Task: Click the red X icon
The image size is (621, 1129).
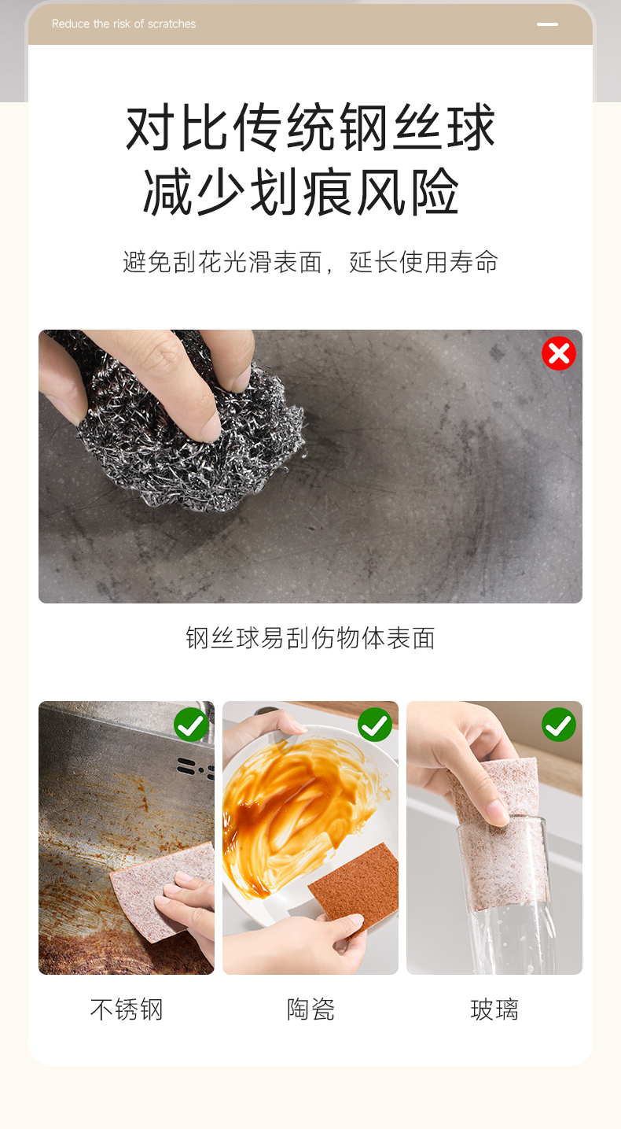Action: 559,353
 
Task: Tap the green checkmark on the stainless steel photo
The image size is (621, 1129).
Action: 191,725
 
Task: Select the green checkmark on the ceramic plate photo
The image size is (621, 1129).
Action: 375,725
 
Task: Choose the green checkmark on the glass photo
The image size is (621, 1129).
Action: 559,725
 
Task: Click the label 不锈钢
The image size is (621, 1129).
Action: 127,1009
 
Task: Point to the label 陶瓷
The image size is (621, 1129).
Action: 310,1009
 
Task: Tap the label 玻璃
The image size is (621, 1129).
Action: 494,1009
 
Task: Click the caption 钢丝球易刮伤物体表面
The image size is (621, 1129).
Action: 310,638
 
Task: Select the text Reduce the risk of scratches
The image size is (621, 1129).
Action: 123,24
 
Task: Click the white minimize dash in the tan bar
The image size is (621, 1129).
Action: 547,24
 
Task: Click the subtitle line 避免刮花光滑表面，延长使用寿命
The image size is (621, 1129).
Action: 310,262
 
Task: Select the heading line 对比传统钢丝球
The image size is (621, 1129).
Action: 310,127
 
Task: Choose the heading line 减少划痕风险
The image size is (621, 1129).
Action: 301,192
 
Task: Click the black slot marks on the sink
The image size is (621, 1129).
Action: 196,767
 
